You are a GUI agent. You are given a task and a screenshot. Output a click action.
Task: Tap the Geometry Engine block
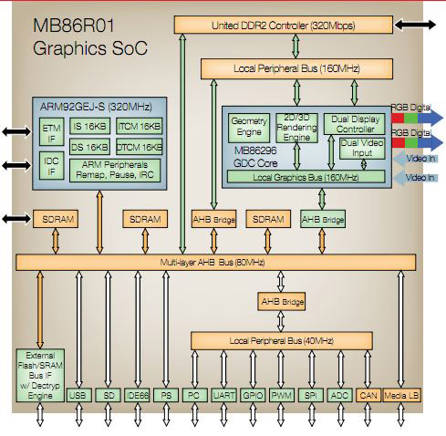248,126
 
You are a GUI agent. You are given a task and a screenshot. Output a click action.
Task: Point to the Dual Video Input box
361,148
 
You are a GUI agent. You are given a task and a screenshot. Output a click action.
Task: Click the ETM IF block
50,131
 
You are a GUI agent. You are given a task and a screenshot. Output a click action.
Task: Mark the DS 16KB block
89,146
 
